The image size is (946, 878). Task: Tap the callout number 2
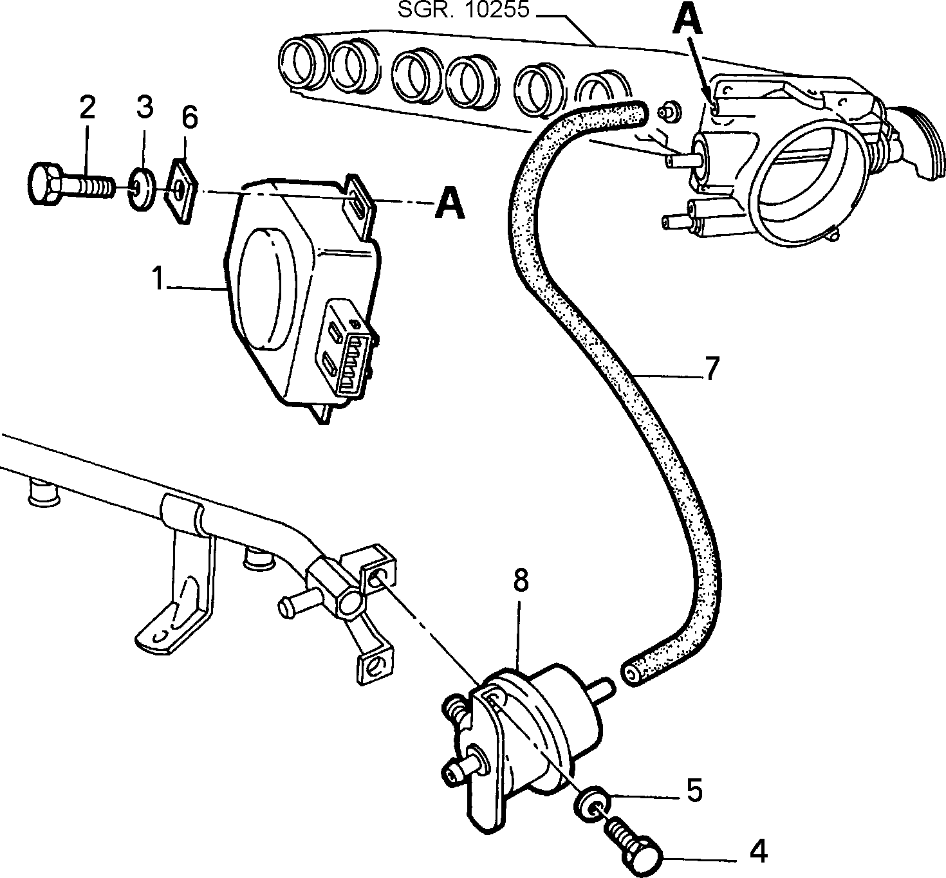point(88,107)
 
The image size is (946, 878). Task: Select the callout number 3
point(145,107)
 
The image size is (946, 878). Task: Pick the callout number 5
point(695,790)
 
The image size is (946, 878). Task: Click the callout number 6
point(190,118)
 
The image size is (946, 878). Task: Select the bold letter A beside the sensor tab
point(450,203)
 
